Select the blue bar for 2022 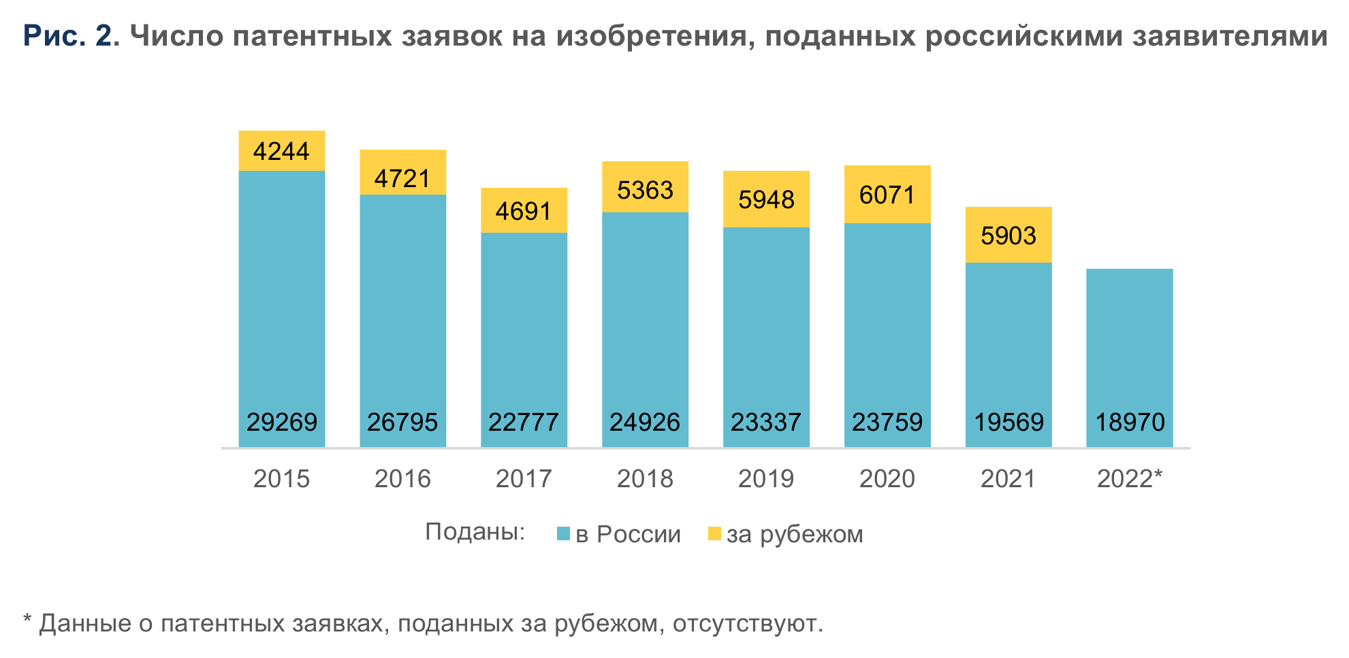(1129, 340)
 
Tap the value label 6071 (887, 195)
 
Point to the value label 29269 (281, 423)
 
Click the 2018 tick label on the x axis (645, 479)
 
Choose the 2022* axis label (1129, 479)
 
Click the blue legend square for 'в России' (562, 534)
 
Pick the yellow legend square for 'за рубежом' (714, 534)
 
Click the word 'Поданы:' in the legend (475, 532)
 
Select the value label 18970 (1129, 423)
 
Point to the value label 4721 (402, 179)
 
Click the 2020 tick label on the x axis (887, 479)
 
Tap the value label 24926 (645, 423)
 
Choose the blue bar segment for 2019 (766, 320)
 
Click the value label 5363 (645, 191)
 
